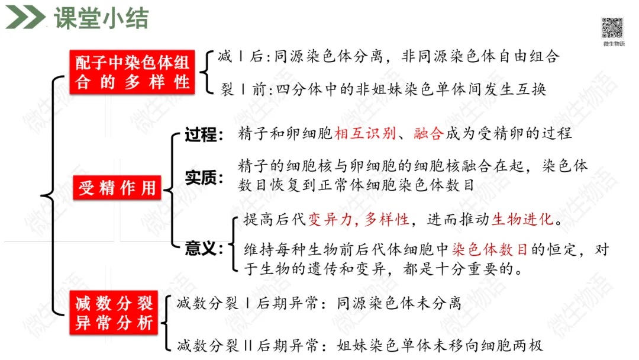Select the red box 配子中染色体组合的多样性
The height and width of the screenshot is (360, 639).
click(x=133, y=72)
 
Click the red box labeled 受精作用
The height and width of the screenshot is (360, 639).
click(x=117, y=188)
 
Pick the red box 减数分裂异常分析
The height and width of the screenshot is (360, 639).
click(x=114, y=314)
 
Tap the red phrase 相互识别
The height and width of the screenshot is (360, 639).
click(x=357, y=133)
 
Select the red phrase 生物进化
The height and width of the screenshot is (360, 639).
click(x=523, y=220)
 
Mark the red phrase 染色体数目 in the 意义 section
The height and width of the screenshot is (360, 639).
click(x=489, y=250)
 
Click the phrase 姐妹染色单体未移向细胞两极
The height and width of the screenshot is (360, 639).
click(x=440, y=345)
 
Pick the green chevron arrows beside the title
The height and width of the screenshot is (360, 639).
click(x=25, y=18)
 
